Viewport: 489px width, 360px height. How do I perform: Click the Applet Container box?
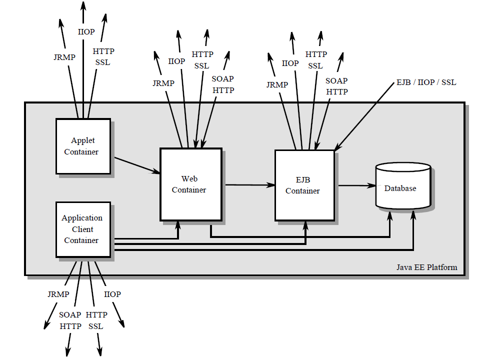83,146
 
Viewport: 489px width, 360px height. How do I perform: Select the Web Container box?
190,184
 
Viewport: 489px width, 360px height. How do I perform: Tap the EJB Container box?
304,185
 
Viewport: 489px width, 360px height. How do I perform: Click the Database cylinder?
402,188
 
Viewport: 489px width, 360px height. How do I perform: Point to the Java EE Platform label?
426,267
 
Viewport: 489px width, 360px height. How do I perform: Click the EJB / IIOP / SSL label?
425,82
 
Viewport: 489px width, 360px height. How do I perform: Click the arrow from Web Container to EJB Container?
248,185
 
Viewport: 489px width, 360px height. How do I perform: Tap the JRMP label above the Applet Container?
64,57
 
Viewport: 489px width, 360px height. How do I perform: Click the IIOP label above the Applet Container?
86,31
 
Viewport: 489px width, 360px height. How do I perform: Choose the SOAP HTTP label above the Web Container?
222,84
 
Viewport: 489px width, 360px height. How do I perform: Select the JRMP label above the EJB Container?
277,84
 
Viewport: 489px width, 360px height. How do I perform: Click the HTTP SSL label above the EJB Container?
316,60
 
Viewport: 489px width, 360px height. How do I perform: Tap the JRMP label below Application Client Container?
58,294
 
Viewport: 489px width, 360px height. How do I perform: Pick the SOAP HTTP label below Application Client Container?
70,320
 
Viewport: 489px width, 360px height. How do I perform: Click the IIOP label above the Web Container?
176,61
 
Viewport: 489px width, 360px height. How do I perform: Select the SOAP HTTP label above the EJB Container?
336,86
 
